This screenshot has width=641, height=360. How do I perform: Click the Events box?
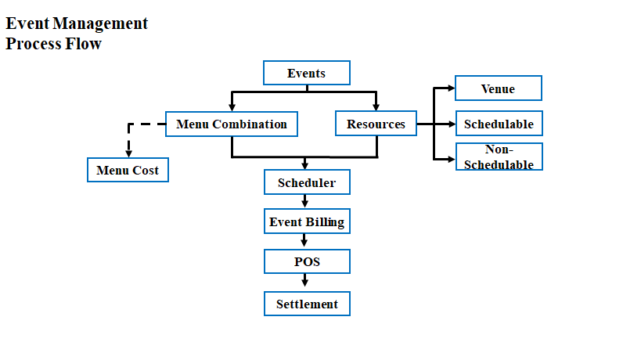coord(307,73)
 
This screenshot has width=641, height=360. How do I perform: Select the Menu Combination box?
coord(232,124)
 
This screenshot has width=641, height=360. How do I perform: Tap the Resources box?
coord(376,123)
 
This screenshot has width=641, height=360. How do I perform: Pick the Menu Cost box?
coord(128,170)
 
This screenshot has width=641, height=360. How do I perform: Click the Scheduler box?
coord(307,182)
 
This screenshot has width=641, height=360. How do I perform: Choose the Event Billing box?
coord(307,221)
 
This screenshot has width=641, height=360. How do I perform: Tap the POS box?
coord(307,261)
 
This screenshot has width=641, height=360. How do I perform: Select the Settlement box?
coord(307,304)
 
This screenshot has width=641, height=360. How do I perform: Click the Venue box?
coord(499,88)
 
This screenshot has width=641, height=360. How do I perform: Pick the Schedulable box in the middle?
coord(499,123)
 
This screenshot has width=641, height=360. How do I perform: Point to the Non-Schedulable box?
coord(499,157)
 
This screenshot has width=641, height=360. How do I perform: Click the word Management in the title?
coord(100,23)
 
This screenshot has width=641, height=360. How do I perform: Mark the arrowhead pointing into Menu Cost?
coord(129,153)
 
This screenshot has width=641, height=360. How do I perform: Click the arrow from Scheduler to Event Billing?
coord(304,201)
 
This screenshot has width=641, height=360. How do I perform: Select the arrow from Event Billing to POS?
coord(304,241)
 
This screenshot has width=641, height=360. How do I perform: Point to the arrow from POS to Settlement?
coord(304,281)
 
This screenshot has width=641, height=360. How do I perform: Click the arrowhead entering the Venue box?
coord(452,88)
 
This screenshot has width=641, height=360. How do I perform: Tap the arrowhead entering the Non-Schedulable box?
coord(452,159)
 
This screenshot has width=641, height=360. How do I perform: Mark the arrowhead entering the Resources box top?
coord(376,107)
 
